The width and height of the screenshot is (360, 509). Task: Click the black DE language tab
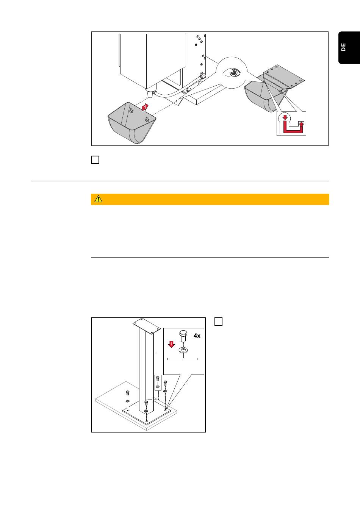pos(349,47)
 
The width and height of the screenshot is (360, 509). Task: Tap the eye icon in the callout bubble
pos(232,73)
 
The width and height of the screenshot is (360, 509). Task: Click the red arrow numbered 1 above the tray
pos(145,107)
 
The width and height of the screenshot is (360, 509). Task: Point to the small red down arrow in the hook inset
pos(285,117)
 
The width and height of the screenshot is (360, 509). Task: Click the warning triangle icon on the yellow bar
pos(98,199)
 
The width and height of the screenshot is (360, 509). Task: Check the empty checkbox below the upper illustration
pos(95,160)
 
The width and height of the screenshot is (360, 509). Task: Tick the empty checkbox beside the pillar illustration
pos(219,322)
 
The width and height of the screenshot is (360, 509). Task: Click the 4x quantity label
pos(197,336)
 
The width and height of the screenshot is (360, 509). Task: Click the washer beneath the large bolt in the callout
pos(183,350)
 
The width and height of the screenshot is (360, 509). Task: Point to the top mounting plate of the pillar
pos(146,326)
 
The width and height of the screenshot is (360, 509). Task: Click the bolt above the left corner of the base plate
pos(128,393)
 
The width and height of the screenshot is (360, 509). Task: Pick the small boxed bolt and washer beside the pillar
pos(158,383)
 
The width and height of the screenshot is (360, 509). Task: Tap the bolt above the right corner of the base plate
pos(165,383)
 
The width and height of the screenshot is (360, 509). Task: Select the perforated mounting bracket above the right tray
pos(284,77)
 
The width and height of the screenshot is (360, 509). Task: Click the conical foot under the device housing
pos(150,94)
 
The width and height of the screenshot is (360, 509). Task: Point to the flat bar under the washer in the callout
pos(182,359)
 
